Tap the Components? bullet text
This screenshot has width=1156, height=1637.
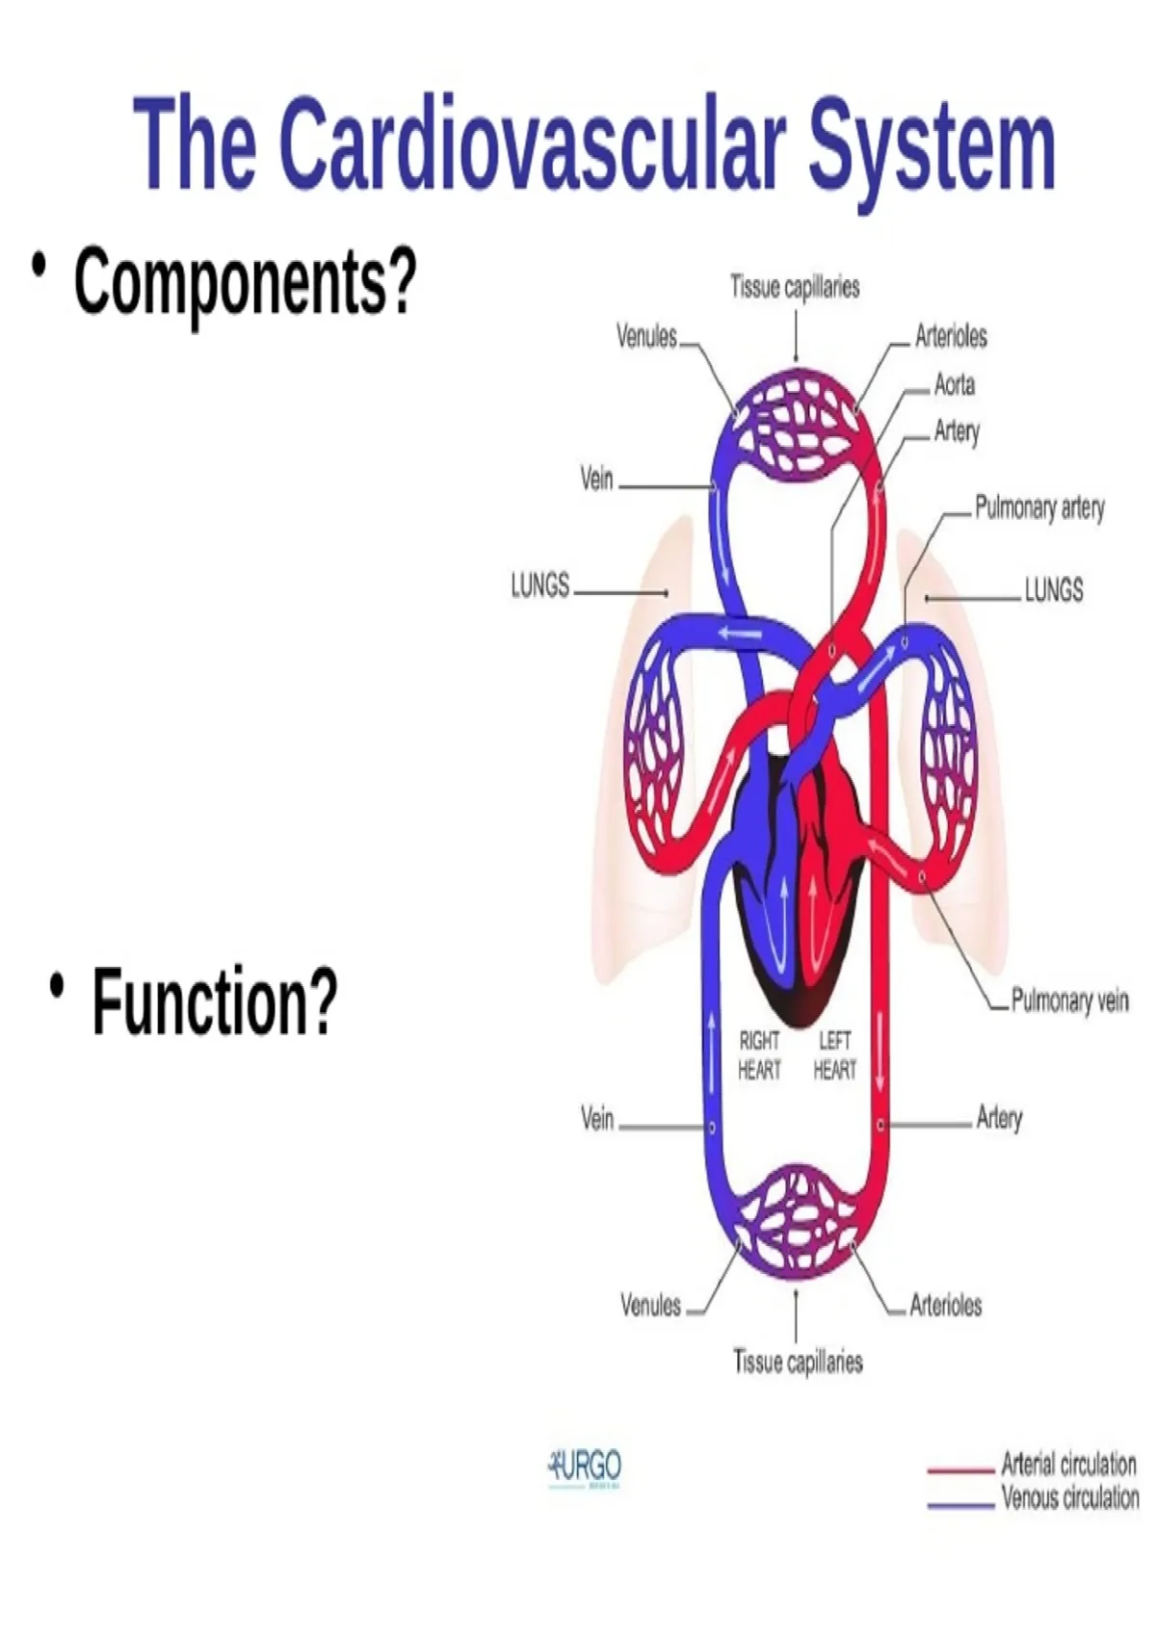246,281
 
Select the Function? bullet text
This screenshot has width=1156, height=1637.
215,1001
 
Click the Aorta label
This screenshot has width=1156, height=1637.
954,384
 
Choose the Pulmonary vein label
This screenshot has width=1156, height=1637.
1069,1000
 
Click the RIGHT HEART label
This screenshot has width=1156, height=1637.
759,1055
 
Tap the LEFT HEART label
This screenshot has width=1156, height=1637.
834,1055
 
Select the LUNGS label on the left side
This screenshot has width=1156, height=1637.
540,585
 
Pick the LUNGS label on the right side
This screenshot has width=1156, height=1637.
1053,589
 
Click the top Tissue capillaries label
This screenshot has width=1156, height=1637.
795,287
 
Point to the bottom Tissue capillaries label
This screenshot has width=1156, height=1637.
798,1361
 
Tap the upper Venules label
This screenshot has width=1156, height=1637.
646,336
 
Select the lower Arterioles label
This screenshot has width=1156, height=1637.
945,1305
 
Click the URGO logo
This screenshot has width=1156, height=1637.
586,1468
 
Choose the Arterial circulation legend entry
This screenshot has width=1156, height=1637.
1067,1465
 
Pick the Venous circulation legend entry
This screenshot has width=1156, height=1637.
1069,1498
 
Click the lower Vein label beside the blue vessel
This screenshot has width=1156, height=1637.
597,1118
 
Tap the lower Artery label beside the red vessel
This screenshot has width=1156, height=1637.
999,1118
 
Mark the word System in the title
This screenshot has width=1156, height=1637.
932,144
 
